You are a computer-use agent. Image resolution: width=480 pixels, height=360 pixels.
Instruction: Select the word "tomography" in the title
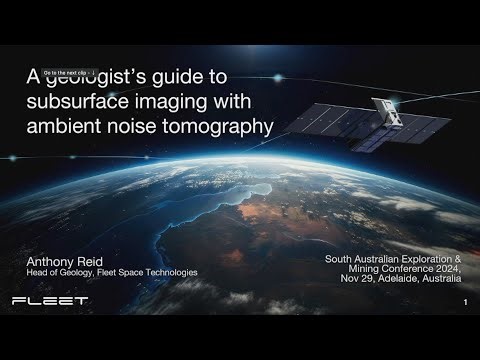[221, 127]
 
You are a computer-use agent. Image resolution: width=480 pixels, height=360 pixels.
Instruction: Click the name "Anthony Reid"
[66, 260]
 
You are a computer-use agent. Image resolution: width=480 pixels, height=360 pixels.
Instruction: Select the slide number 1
[466, 302]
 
